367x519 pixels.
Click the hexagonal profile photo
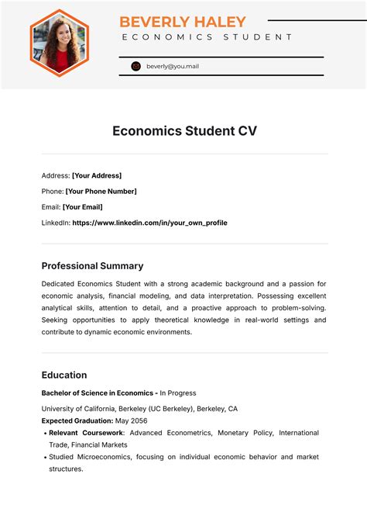(x=60, y=43)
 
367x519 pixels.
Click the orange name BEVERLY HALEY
(x=183, y=22)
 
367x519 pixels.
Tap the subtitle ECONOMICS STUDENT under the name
(x=207, y=36)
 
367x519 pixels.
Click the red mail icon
(x=136, y=67)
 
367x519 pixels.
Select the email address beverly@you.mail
(x=173, y=67)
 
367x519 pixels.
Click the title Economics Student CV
(x=184, y=131)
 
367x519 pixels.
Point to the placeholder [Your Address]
(x=97, y=175)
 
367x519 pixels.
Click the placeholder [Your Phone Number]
(x=101, y=191)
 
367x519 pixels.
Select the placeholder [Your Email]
(x=82, y=207)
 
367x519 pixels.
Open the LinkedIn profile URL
(x=149, y=223)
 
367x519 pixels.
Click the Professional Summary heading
(x=92, y=265)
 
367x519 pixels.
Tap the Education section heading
(x=64, y=375)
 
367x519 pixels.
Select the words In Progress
(x=178, y=393)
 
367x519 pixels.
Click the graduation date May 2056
(x=132, y=420)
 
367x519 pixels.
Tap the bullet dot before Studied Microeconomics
(x=44, y=457)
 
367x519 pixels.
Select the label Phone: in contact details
(x=53, y=191)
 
